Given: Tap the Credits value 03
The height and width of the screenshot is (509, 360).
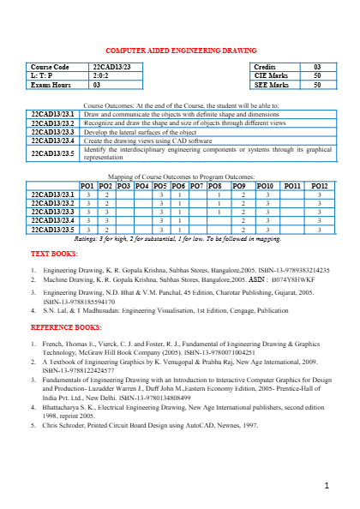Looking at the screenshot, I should click(x=316, y=67).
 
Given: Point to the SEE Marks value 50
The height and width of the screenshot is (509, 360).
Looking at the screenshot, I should click(x=316, y=86).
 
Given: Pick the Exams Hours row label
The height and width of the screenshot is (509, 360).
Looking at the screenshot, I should click(x=51, y=86).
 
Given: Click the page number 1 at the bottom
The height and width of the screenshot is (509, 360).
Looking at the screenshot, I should click(x=327, y=487).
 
